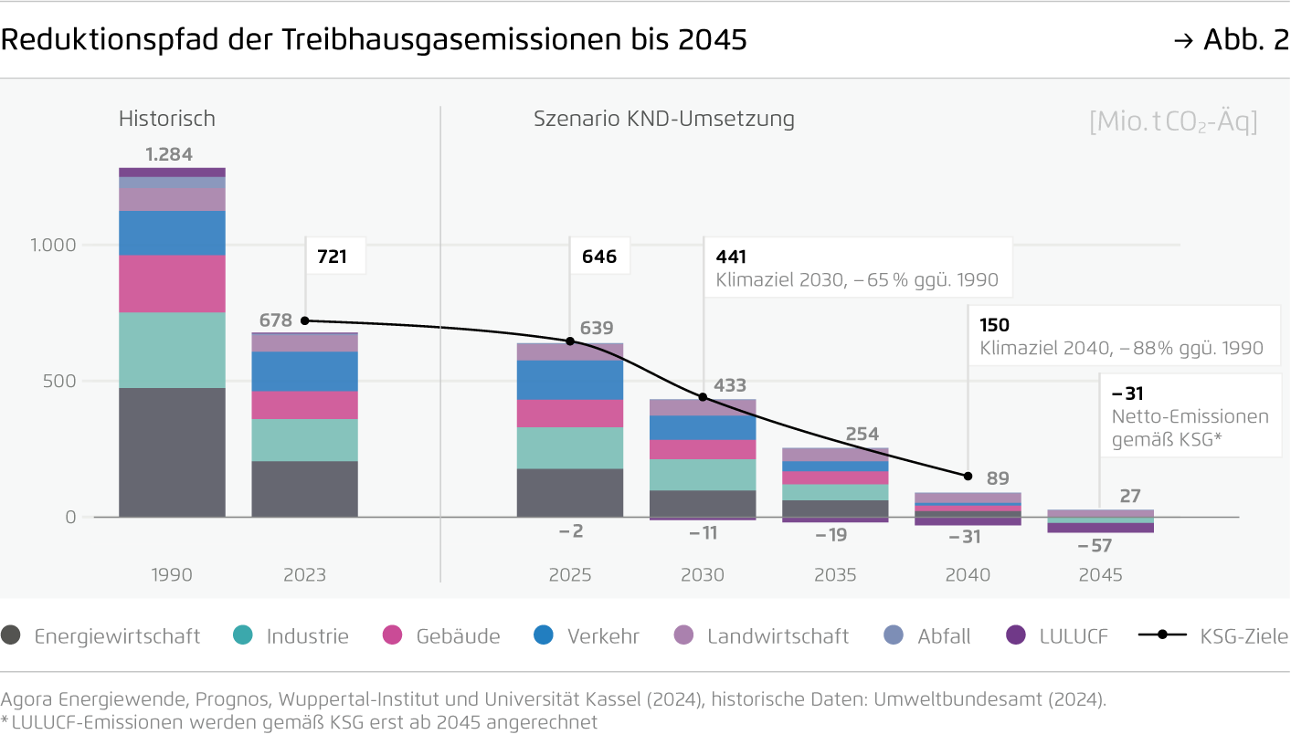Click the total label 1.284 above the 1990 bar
[169, 154]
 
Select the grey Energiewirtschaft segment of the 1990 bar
[172, 452]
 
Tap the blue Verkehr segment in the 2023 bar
[304, 372]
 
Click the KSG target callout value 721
[332, 257]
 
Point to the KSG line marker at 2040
[968, 476]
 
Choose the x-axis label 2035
[835, 575]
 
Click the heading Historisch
[167, 119]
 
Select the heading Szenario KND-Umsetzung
[664, 119]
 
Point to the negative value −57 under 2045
[1095, 546]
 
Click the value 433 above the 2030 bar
[730, 385]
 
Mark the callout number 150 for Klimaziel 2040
[994, 325]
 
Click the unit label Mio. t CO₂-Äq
[1173, 121]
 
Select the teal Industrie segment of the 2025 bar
[570, 447]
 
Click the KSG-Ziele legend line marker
[1161, 635]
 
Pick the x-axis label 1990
[172, 575]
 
